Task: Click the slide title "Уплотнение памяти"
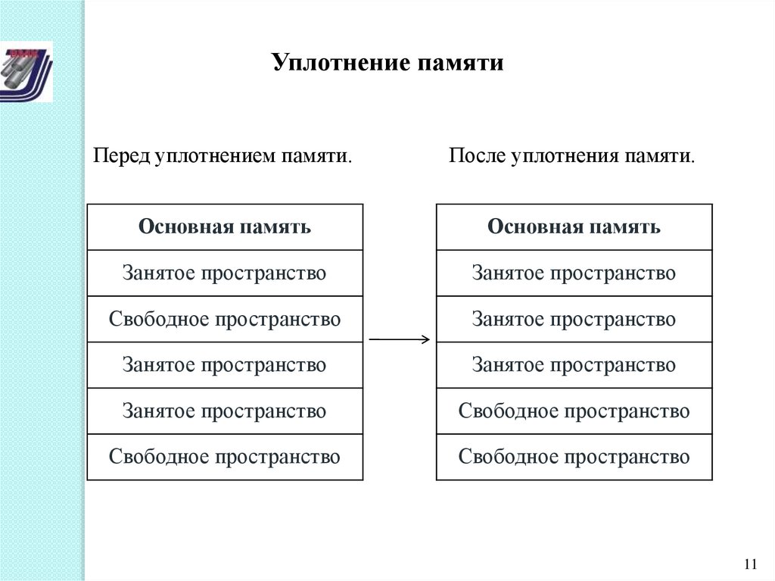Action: tap(387, 62)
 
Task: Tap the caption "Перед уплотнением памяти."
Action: tap(223, 157)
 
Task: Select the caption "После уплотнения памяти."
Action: tap(571, 157)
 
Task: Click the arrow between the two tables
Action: tap(399, 339)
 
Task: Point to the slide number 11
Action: tap(751, 564)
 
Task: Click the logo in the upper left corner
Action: tap(26, 71)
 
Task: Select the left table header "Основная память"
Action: tap(225, 227)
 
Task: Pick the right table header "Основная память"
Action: tap(574, 227)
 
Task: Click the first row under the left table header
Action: tap(225, 273)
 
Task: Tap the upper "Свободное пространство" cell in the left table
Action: tap(225, 319)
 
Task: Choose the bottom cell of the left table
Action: tap(225, 457)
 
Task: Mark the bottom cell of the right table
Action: tap(574, 457)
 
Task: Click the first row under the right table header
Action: tap(574, 273)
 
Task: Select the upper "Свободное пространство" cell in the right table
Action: tap(574, 411)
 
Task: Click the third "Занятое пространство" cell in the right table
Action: tap(574, 365)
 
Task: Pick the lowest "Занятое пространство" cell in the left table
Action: tap(225, 411)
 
